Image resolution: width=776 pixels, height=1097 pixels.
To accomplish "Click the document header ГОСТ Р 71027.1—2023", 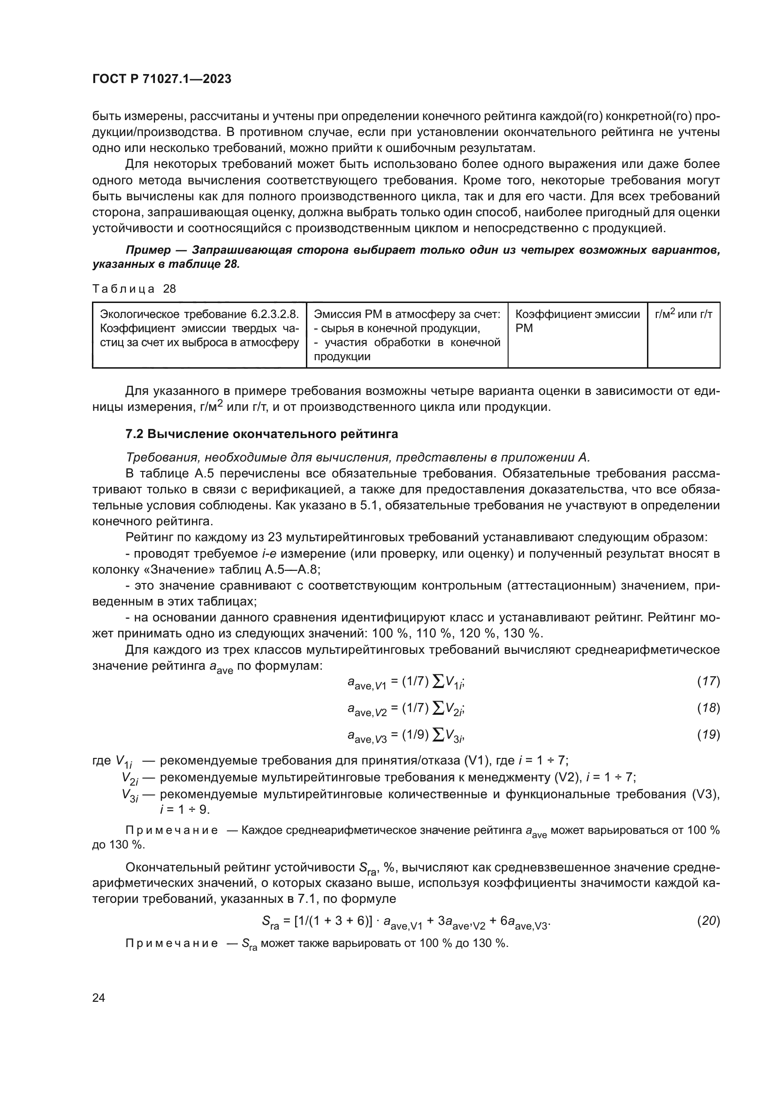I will click(x=161, y=79).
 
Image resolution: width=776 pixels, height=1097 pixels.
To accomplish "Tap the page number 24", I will click(x=99, y=998).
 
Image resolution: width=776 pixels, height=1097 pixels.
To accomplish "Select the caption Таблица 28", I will click(x=134, y=288).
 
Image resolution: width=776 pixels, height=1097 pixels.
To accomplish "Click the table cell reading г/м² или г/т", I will click(x=683, y=314).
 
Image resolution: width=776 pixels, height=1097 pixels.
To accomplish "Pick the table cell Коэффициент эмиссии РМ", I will click(x=577, y=321).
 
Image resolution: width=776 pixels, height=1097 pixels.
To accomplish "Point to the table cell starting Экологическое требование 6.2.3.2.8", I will click(x=199, y=328).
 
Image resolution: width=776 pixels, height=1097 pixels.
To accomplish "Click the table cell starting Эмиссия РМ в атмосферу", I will click(x=407, y=335).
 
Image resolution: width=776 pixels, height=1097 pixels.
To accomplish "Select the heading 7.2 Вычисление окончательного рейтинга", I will click(x=261, y=434).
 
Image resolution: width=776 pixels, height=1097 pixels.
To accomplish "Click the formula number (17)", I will click(x=708, y=681).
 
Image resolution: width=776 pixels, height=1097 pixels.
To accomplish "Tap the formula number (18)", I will click(x=708, y=708).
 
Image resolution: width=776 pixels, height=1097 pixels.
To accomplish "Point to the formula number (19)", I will click(x=708, y=734).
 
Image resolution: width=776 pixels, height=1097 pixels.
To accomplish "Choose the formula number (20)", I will click(x=708, y=921).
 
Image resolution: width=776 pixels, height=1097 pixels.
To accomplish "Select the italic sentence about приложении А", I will click(x=358, y=457).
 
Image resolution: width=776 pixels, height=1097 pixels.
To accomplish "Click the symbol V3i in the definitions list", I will click(x=130, y=795).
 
